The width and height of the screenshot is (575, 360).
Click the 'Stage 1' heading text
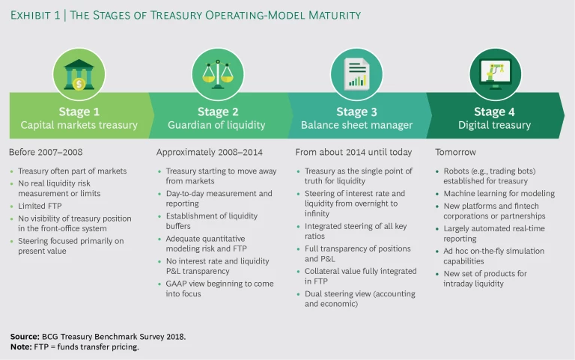79,112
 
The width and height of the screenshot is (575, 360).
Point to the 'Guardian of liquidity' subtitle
213,125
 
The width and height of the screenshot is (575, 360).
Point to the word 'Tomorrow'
455,152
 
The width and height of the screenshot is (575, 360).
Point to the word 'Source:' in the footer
25,336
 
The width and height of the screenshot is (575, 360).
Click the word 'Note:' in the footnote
22,347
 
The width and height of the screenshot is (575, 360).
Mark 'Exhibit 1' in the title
40,15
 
